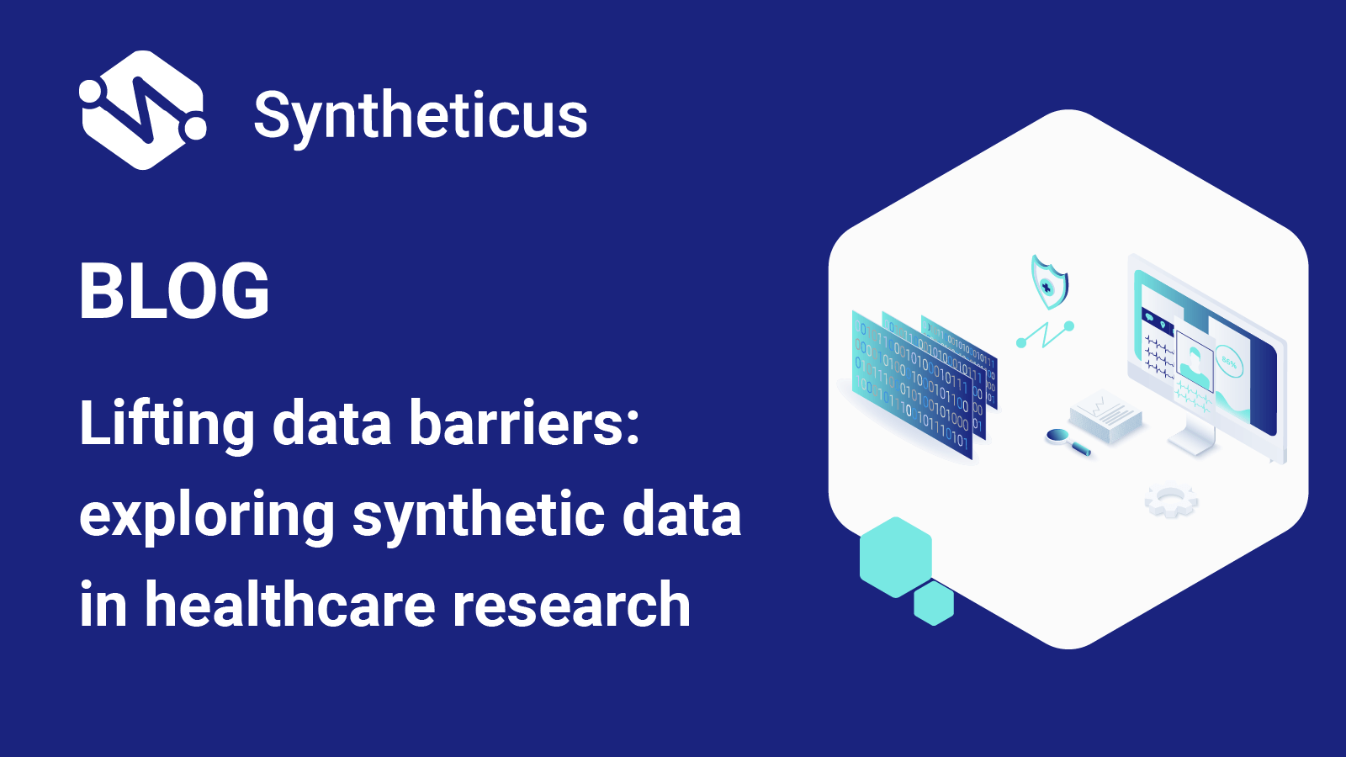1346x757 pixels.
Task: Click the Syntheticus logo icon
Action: coord(142,110)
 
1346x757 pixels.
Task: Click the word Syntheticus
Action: coord(420,116)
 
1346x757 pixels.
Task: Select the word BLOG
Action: coord(174,291)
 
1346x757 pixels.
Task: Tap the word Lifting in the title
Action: coord(166,424)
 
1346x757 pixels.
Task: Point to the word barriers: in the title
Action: coord(524,424)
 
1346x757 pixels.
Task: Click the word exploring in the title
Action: coord(207,516)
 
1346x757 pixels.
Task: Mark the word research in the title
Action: coord(571,606)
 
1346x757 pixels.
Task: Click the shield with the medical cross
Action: coord(1049,282)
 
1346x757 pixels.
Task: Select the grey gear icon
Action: coord(1170,500)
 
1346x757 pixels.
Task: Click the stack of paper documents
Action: coord(1105,416)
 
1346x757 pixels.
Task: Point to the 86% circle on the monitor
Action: coord(1229,363)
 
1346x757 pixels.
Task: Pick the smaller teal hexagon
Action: coord(934,603)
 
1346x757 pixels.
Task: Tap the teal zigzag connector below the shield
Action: coord(1045,335)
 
